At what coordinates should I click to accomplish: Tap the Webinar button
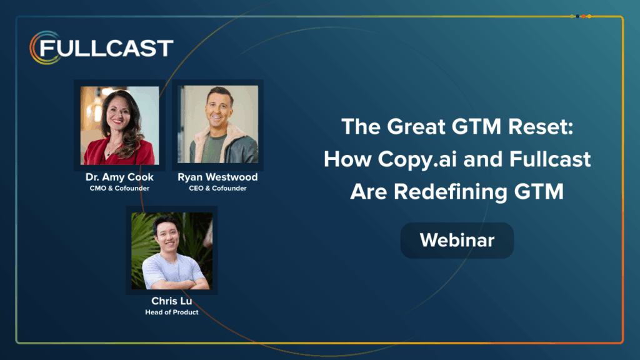pos(457,240)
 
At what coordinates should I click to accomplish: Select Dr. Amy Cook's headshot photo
pos(119,125)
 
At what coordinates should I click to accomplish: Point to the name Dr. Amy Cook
pos(119,177)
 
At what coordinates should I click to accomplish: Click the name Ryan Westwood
pos(217,177)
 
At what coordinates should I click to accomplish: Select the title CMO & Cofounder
pos(119,188)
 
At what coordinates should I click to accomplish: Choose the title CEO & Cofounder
pos(217,188)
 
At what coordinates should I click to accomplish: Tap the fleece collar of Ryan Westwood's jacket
pos(234,137)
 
